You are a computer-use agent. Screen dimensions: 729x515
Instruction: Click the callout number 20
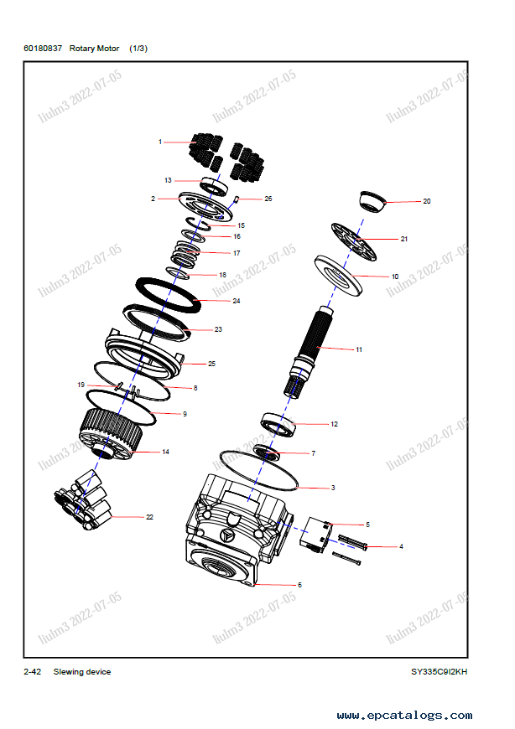point(426,201)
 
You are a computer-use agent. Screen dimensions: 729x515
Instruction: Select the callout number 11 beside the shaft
point(359,349)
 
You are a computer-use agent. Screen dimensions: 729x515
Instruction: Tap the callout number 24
point(236,300)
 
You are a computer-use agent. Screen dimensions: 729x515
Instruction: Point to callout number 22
point(149,517)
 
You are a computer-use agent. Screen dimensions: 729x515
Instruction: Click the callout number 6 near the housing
point(299,585)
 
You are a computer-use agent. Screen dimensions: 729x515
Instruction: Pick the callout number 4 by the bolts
point(400,546)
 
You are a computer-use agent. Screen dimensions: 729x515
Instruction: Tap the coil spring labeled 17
point(187,250)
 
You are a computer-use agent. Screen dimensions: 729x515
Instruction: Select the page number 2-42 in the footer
point(33,671)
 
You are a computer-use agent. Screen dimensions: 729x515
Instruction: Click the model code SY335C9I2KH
point(439,671)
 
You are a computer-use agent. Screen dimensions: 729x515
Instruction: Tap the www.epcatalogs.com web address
point(403,716)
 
